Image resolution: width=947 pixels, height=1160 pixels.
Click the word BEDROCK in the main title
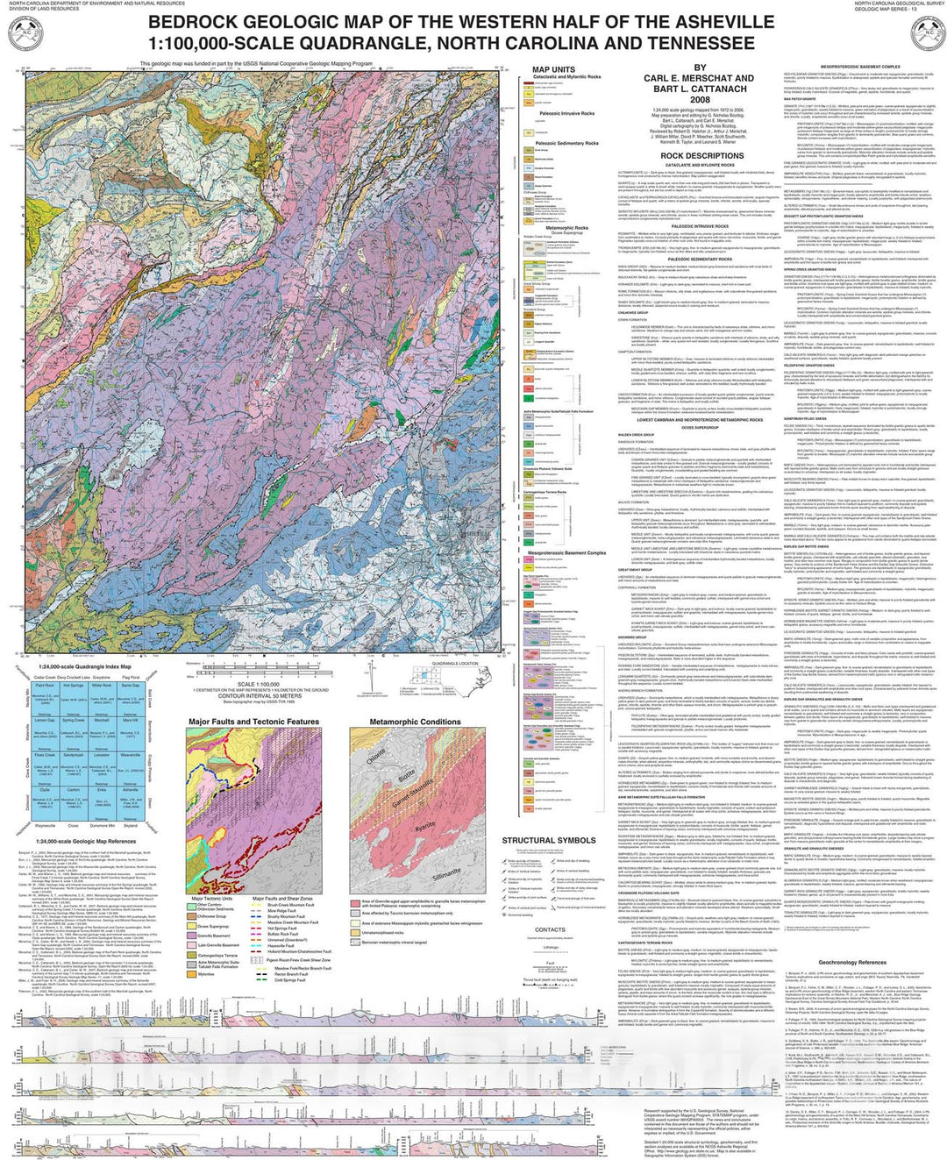pos(196,23)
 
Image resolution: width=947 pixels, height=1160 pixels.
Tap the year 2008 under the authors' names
pos(699,100)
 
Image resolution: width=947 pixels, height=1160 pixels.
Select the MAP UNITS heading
pos(553,70)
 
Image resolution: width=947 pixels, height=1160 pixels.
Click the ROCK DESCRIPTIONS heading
pos(701,156)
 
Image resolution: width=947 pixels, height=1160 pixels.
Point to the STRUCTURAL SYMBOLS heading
pos(548,840)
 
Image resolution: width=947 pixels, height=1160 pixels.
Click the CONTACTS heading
pos(550,929)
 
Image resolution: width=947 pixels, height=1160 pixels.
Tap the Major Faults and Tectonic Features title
pos(253,722)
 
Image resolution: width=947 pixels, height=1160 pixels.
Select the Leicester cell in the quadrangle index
pos(101,754)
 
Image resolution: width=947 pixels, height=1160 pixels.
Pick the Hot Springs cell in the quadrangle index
pos(73,685)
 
